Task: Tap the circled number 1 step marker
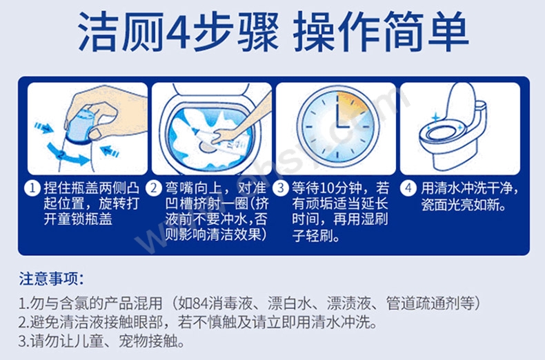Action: (x=32, y=189)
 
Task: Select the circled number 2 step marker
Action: (x=154, y=189)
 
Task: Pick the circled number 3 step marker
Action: (x=281, y=189)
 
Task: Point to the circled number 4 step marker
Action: (x=408, y=189)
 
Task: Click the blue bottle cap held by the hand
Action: (x=78, y=124)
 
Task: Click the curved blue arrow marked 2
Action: (x=66, y=154)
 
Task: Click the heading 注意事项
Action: (x=51, y=279)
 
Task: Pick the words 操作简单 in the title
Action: (x=381, y=32)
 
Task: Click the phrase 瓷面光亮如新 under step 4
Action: (x=459, y=205)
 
